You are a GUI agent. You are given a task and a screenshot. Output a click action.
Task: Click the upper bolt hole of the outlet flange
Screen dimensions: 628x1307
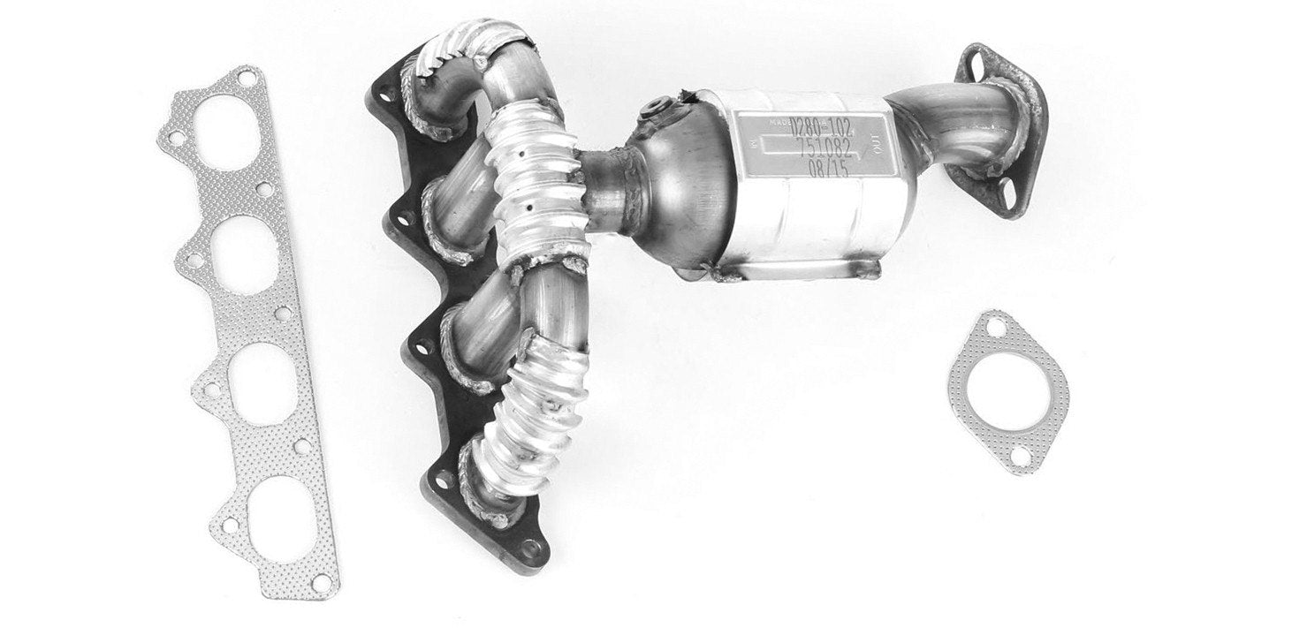(x=977, y=63)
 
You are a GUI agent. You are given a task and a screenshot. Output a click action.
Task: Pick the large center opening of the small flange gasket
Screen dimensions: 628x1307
(x=1008, y=390)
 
